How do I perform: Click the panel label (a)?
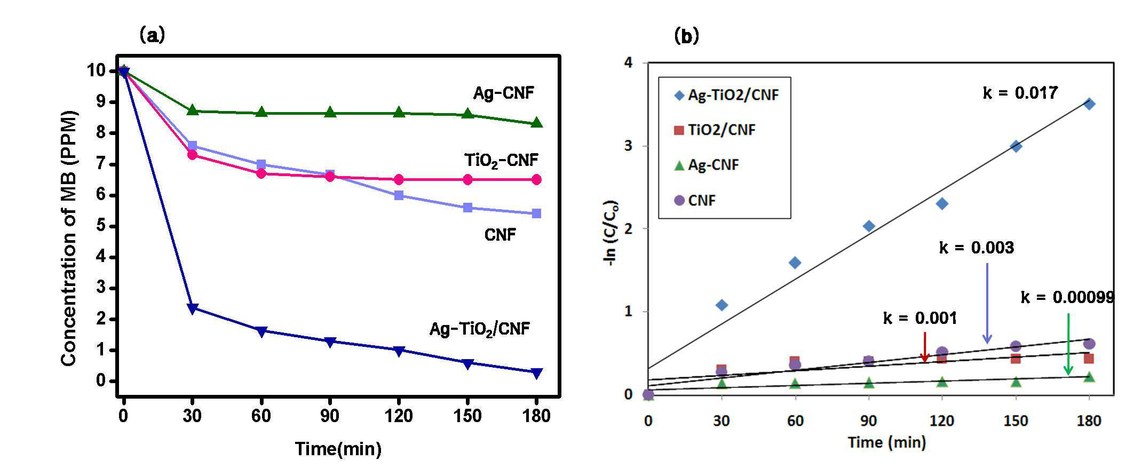(152, 35)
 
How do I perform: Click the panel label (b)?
(687, 36)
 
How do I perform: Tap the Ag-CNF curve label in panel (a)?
(503, 93)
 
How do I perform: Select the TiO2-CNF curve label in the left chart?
(501, 160)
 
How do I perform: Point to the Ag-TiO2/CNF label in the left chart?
(480, 329)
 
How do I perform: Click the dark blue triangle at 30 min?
(193, 308)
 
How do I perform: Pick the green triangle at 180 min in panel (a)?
(537, 122)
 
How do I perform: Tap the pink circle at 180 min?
(537, 180)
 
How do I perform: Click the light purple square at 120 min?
(399, 195)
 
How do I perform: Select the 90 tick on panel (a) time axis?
(330, 416)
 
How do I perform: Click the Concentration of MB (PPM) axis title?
(69, 238)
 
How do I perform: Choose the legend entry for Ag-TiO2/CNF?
(726, 95)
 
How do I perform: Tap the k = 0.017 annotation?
(1020, 93)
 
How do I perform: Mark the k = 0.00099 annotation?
(1067, 297)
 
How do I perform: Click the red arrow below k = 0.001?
(925, 347)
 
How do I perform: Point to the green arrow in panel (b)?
(1068, 344)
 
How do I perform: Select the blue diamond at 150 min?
(1016, 146)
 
